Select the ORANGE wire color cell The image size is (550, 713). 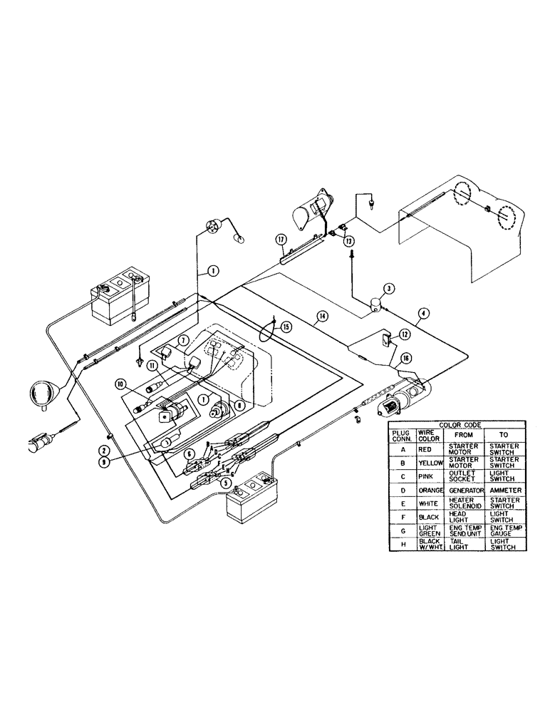pos(431,491)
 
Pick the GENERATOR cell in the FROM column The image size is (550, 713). pos(466,491)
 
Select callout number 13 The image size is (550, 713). pos(348,242)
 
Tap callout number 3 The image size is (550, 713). pos(388,289)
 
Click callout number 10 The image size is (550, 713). pos(122,384)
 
